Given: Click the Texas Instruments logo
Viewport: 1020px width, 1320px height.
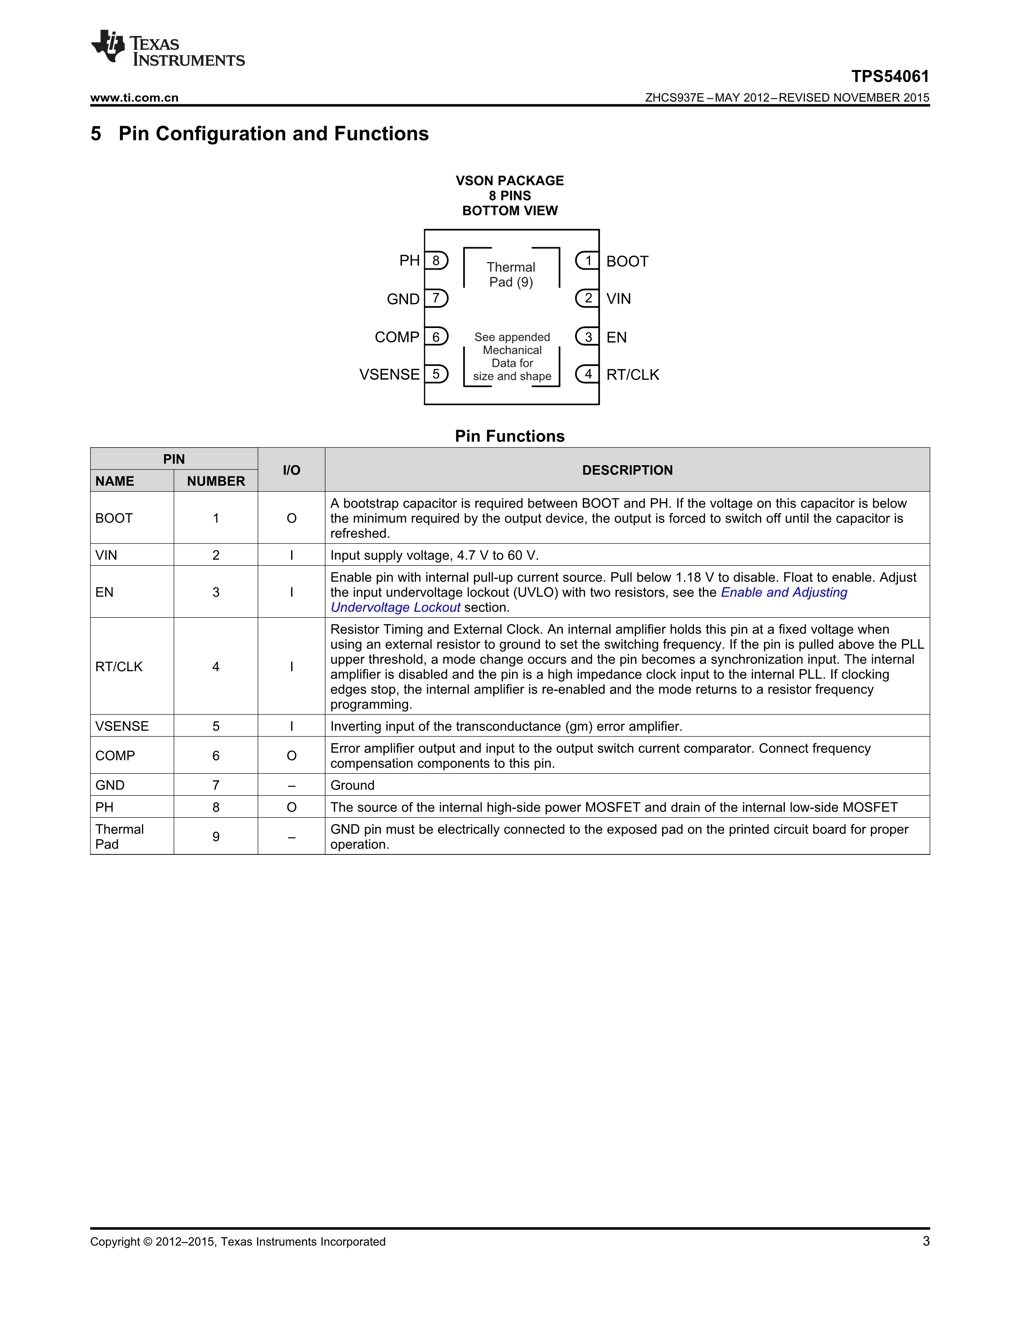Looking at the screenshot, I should tap(167, 48).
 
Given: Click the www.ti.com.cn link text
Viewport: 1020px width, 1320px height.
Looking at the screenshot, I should tap(134, 98).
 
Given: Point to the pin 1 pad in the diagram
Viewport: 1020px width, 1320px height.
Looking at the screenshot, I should tap(587, 260).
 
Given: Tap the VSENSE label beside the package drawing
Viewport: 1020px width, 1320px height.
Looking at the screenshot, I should tap(389, 375).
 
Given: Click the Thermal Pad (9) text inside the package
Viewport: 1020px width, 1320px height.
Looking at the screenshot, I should tap(511, 274).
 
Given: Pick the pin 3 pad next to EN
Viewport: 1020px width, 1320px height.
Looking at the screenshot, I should tap(587, 337).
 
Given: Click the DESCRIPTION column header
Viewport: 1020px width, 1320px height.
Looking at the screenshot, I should tap(627, 470).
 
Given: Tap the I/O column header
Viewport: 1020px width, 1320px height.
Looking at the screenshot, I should tap(291, 470).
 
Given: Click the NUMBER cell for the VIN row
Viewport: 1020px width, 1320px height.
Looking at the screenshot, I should tap(216, 555).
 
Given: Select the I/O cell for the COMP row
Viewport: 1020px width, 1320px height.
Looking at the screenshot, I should tap(291, 756).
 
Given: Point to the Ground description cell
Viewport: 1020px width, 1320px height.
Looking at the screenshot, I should tap(352, 785).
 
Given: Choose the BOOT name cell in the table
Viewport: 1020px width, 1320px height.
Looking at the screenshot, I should tap(114, 518).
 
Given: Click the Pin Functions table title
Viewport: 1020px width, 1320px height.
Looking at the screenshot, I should tap(509, 436).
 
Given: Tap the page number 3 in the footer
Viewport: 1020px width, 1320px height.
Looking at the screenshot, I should tap(926, 1242).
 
